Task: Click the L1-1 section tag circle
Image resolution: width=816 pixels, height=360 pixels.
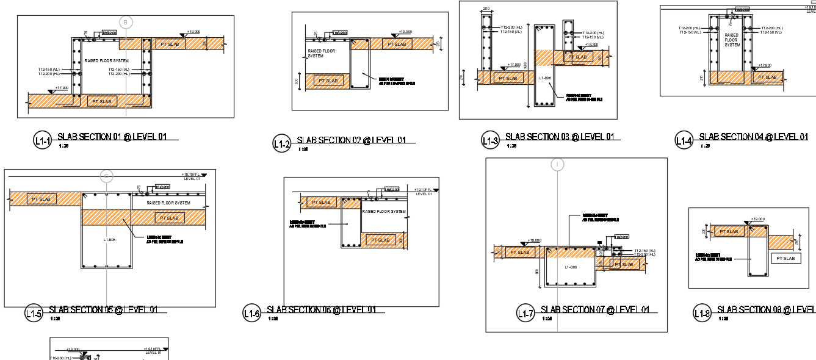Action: coord(42,141)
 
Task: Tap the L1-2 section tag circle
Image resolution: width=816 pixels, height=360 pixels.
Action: coord(281,144)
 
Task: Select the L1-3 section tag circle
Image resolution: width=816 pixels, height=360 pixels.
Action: coord(490,141)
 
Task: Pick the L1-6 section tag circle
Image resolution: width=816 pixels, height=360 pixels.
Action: coord(251,314)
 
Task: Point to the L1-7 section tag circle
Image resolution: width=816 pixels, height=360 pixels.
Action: coord(525,314)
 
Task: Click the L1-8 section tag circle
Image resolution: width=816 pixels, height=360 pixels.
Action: coord(702,314)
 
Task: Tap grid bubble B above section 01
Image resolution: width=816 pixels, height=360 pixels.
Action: coord(126,23)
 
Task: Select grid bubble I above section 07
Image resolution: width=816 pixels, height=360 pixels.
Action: coord(557,165)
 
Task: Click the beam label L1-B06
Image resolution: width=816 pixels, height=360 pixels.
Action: coord(546,78)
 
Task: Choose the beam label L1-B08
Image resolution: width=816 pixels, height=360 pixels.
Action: coord(571,267)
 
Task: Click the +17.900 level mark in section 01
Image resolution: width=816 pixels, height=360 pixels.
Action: coord(61,88)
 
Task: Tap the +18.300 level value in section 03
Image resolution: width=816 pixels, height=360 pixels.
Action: coord(591,45)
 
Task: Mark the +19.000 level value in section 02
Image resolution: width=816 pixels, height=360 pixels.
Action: coord(405,32)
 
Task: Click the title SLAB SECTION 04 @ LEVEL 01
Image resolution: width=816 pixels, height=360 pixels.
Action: coord(753,137)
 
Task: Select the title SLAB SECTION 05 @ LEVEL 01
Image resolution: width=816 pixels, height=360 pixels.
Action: coord(103,309)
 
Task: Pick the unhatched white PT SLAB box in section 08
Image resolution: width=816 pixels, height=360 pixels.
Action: coord(786,258)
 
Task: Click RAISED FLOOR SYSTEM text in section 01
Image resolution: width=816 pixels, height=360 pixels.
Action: coord(107,61)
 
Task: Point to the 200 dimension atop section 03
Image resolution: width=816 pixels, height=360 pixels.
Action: coord(486,9)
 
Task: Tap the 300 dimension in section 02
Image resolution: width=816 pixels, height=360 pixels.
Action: coord(297,81)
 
